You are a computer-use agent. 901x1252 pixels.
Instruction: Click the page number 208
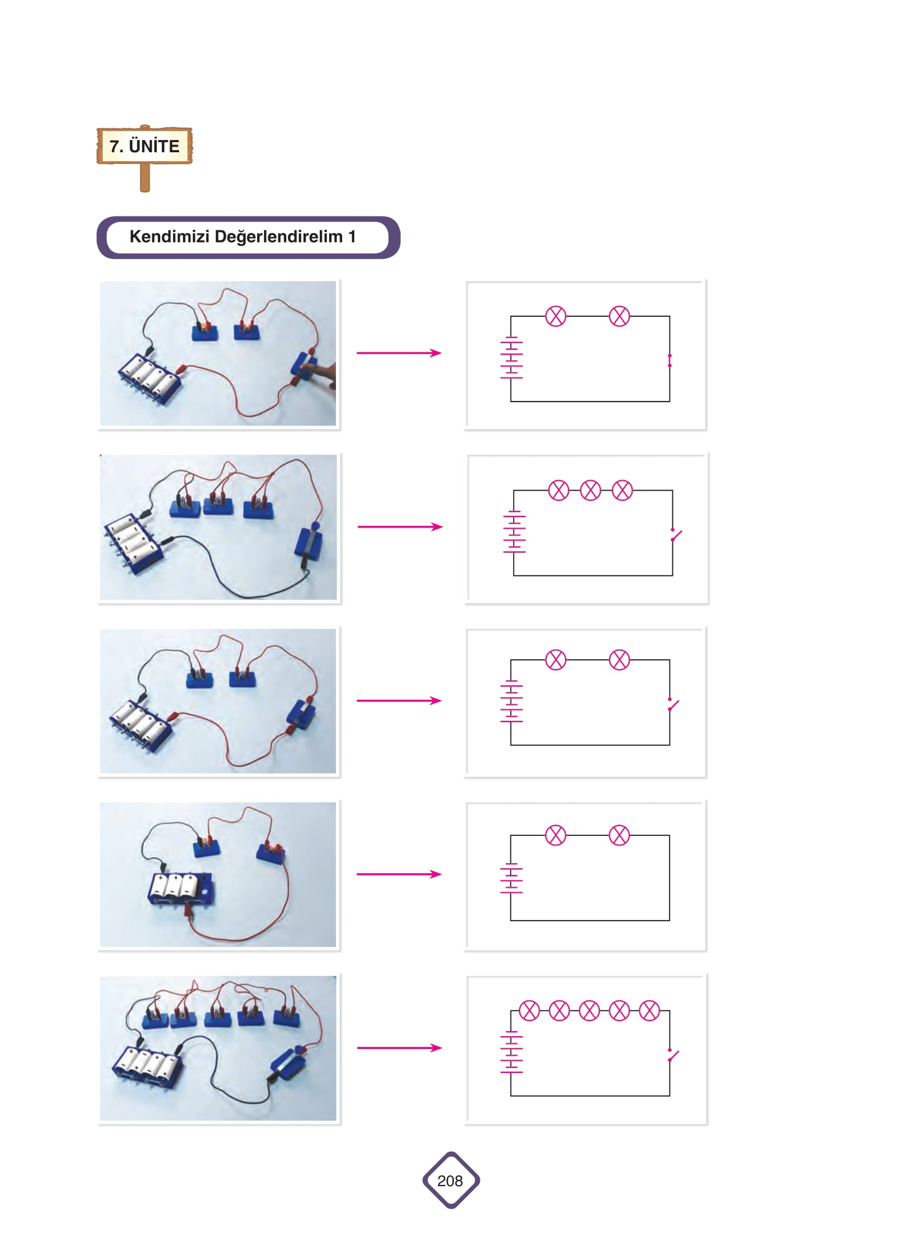pos(450,1181)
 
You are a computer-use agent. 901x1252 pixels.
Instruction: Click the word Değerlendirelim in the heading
pos(278,237)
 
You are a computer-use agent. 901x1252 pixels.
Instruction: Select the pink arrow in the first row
pos(399,352)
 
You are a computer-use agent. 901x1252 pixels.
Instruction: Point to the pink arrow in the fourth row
pos(399,874)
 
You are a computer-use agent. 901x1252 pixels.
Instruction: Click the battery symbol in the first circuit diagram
pos(511,357)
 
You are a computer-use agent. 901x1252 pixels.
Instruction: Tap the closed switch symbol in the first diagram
pos(669,360)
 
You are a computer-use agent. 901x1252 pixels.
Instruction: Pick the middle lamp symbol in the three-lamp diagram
pos(590,490)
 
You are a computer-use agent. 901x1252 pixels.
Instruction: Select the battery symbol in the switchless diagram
pos(511,878)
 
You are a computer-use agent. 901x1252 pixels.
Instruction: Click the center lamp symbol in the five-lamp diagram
pos(589,1011)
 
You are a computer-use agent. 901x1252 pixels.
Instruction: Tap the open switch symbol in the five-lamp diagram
pos(673,1055)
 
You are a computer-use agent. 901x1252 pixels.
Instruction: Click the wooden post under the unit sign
pos(144,177)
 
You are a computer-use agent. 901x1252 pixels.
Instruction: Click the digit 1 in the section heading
pos(352,236)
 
